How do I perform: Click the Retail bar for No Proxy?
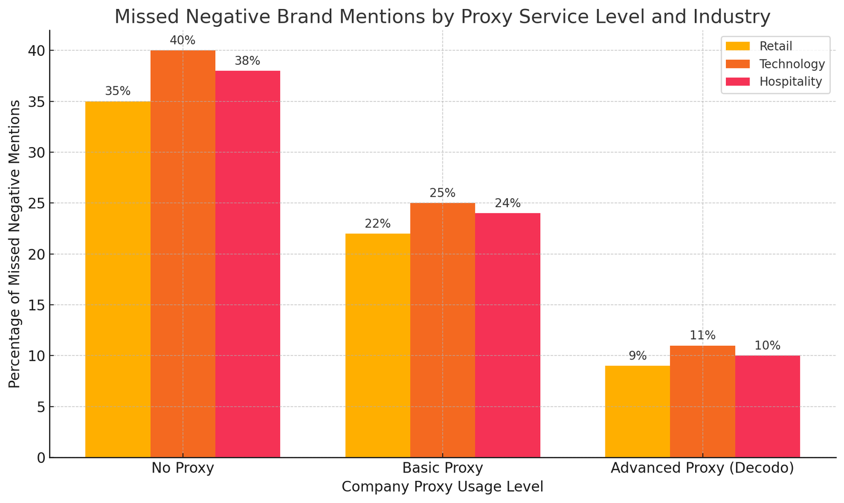click(118, 279)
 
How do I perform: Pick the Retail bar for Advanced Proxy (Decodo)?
click(637, 412)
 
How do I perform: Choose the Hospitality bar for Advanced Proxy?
click(768, 407)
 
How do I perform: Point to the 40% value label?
click(183, 40)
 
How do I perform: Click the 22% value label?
click(378, 224)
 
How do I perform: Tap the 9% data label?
click(637, 356)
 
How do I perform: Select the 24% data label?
click(507, 203)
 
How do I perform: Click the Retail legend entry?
click(775, 46)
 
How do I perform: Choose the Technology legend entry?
click(791, 64)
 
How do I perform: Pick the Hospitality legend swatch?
click(737, 82)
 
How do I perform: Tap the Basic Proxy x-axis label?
click(443, 468)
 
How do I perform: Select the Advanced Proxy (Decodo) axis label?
click(702, 468)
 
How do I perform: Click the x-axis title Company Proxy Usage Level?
click(443, 487)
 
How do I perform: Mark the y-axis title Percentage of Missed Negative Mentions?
click(15, 244)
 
